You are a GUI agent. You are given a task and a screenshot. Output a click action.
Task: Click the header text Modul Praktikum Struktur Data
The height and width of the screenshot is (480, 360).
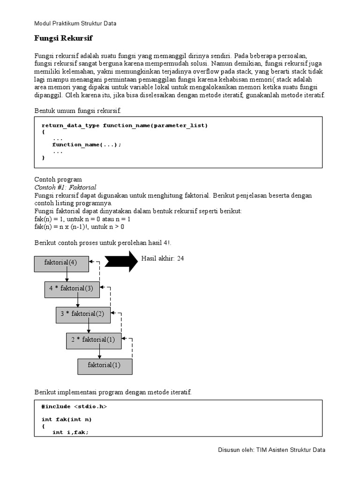(75, 23)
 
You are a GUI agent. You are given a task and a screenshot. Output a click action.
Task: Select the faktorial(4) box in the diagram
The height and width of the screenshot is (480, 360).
(61, 263)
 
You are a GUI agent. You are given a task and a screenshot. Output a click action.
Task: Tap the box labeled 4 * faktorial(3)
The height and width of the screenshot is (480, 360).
(72, 289)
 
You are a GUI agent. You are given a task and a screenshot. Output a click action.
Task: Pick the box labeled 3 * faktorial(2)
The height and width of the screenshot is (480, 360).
(83, 314)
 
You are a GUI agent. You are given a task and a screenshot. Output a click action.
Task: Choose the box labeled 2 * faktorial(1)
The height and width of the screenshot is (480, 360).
(93, 340)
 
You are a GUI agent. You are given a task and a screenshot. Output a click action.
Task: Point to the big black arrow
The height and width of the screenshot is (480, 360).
(121, 261)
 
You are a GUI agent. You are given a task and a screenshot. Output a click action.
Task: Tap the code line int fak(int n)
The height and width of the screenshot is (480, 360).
(67, 420)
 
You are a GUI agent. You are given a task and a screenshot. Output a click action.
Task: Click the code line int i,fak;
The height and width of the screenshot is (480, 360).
(70, 432)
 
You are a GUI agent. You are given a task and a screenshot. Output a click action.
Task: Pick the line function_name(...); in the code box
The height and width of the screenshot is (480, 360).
(86, 144)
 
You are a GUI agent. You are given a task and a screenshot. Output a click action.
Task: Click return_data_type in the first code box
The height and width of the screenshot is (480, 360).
(70, 125)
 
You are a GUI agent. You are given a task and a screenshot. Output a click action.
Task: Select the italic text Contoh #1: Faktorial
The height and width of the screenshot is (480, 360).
(65, 187)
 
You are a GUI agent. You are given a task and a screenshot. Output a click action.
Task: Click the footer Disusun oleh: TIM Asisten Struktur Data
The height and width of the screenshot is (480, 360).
(271, 450)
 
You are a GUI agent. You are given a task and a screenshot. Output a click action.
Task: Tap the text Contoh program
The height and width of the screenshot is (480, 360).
(58, 180)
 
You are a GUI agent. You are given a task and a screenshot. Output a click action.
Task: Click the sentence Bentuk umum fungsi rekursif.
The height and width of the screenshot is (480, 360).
(78, 111)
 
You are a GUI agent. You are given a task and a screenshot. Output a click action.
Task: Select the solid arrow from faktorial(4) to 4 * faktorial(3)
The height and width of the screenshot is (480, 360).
(67, 277)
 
